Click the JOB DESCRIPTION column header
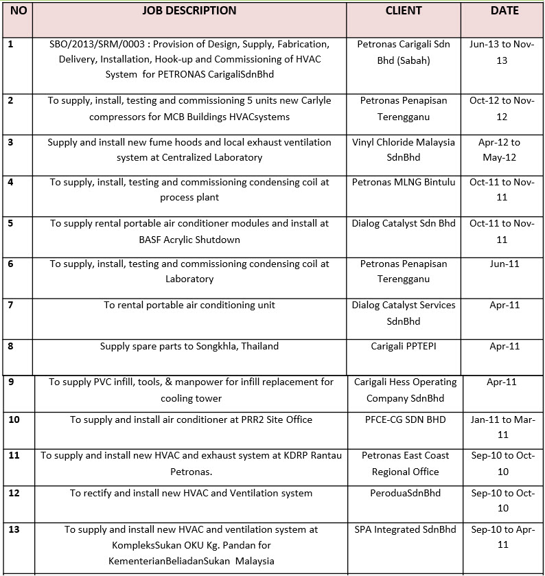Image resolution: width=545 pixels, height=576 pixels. (x=189, y=11)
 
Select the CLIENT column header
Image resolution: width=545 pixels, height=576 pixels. (x=404, y=11)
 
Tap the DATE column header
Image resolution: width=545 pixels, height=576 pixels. (x=505, y=11)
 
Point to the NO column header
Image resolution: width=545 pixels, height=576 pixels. (x=19, y=11)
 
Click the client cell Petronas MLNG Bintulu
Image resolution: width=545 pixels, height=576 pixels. (x=404, y=182)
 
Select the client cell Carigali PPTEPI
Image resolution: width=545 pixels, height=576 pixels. (x=404, y=346)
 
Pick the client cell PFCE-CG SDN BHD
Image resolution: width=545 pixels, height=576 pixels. (x=404, y=419)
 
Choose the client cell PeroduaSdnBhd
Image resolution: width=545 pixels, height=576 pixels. (x=404, y=493)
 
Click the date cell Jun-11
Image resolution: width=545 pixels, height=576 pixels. (x=504, y=264)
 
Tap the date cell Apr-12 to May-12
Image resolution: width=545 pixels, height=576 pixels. (x=504, y=150)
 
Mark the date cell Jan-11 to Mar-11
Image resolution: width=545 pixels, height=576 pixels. (x=504, y=427)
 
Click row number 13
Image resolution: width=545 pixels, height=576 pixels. (x=14, y=530)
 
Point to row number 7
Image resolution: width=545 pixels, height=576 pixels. (x=10, y=305)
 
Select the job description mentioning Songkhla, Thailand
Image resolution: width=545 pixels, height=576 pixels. (x=189, y=346)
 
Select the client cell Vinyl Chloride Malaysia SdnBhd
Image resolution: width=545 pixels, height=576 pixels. (x=404, y=150)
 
